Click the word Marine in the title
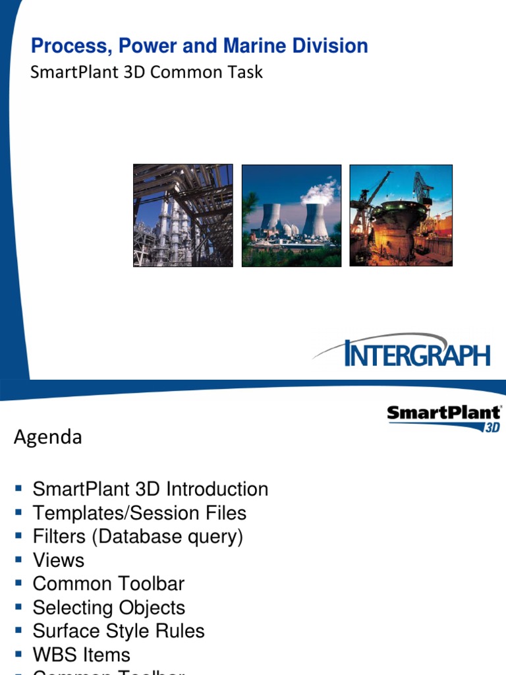[254, 46]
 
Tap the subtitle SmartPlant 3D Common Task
[146, 72]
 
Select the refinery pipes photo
[183, 216]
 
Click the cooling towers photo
[291, 216]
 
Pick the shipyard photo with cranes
[401, 216]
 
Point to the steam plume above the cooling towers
[320, 192]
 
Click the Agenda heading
[48, 437]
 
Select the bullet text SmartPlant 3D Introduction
[150, 489]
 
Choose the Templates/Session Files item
[139, 513]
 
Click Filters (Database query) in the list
[138, 537]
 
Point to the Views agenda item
[59, 560]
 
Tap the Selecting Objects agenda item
[109, 608]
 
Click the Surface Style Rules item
[119, 631]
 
